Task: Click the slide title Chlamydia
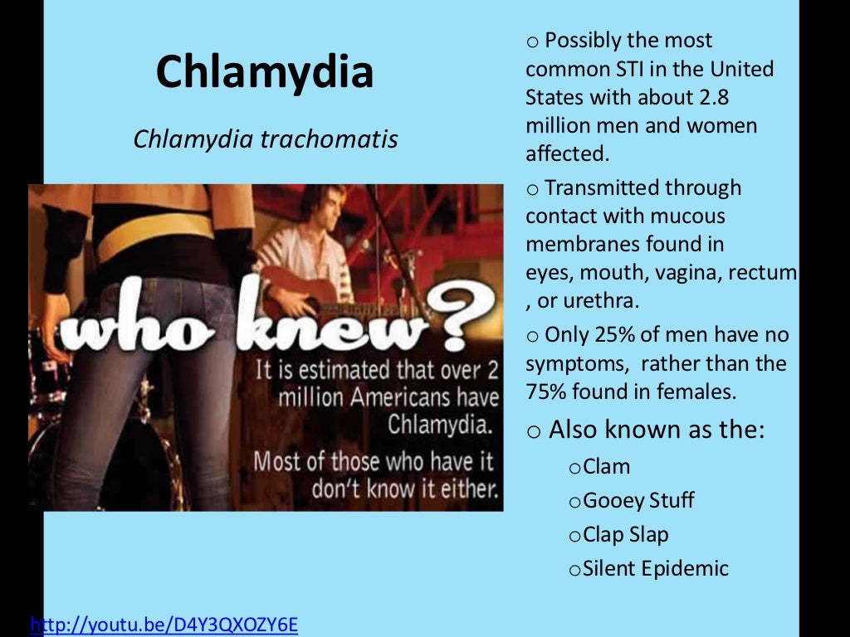click(x=265, y=71)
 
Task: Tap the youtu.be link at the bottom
click(x=164, y=624)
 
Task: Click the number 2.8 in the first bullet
click(x=713, y=97)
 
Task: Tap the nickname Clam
click(x=606, y=467)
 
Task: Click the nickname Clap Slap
click(x=625, y=535)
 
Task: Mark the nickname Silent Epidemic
click(x=655, y=569)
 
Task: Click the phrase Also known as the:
click(x=656, y=430)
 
